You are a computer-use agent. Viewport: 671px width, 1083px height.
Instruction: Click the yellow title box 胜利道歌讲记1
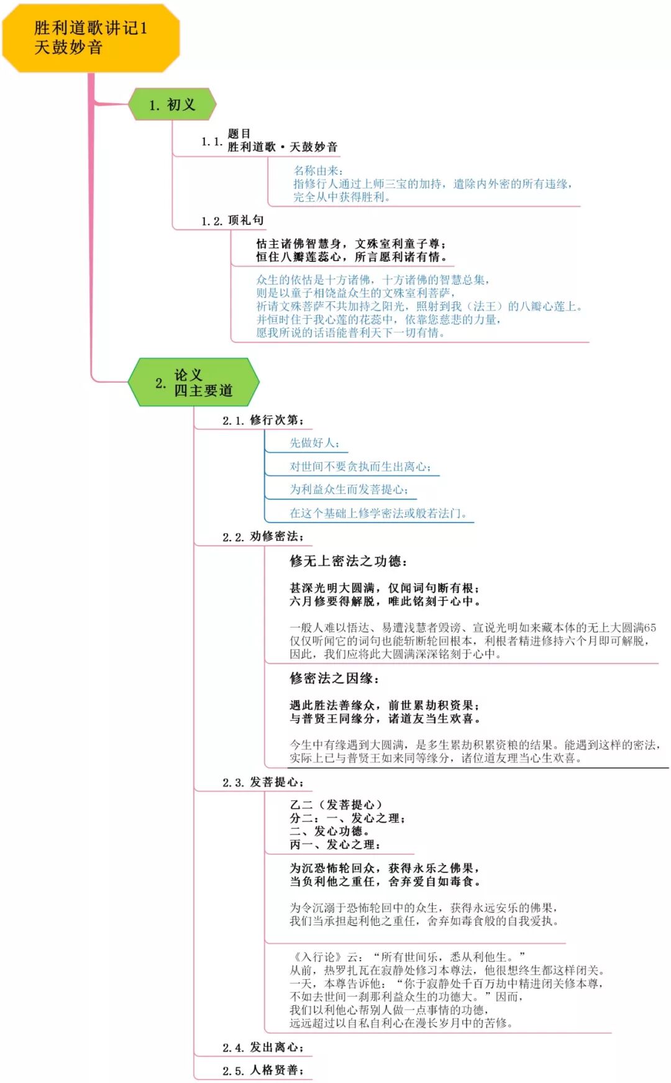point(91,37)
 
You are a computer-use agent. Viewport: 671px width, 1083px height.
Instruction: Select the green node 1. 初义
point(172,104)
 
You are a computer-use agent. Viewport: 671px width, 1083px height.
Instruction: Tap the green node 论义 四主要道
point(193,383)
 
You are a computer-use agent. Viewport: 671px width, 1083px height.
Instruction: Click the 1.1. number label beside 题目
point(211,142)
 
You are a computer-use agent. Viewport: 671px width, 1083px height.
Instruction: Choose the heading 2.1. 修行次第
point(263,421)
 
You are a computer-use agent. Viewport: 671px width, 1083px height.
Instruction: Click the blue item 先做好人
point(314,443)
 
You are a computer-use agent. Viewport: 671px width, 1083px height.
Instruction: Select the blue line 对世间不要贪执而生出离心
point(360,467)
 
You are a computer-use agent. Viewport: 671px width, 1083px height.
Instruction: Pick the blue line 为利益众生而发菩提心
point(349,490)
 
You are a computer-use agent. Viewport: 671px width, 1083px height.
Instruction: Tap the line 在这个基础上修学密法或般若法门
point(378,513)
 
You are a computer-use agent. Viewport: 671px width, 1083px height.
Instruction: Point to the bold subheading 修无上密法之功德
point(348,562)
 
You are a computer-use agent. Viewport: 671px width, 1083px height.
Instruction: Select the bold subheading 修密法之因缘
point(334,679)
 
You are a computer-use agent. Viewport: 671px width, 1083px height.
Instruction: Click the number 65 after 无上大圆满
point(650,628)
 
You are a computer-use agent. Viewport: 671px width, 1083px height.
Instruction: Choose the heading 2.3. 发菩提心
point(263,782)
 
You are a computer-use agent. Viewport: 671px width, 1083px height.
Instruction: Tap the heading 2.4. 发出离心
point(263,1048)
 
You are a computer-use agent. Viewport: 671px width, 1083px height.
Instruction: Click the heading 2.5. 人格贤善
point(263,1071)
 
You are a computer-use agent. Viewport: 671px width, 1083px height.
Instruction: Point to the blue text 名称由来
point(317,170)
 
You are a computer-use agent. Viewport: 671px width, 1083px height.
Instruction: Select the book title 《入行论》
point(316,957)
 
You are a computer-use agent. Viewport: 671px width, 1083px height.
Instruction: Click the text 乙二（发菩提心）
point(335,805)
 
